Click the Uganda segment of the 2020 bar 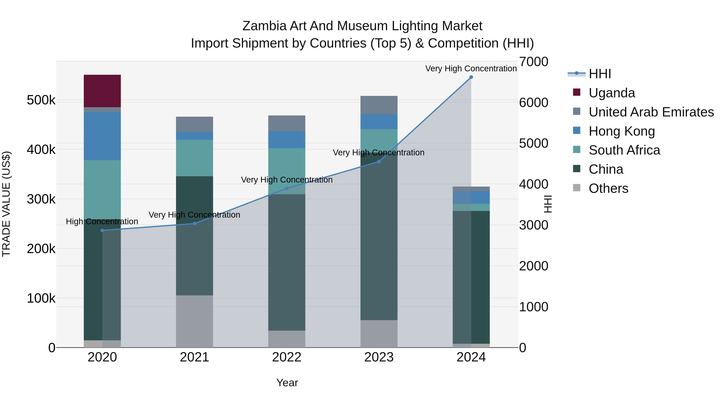102,91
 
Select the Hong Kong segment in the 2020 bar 102,136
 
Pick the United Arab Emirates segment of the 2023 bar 379,105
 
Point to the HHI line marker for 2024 471,77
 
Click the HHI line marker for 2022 287,188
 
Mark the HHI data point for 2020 102,230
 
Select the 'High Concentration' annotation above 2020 102,222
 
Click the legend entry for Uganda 612,93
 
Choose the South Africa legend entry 624,150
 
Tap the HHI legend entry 600,74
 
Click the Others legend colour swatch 576,188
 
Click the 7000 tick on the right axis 533,62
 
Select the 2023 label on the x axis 379,357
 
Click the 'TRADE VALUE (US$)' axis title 6,204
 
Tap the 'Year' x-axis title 287,383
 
